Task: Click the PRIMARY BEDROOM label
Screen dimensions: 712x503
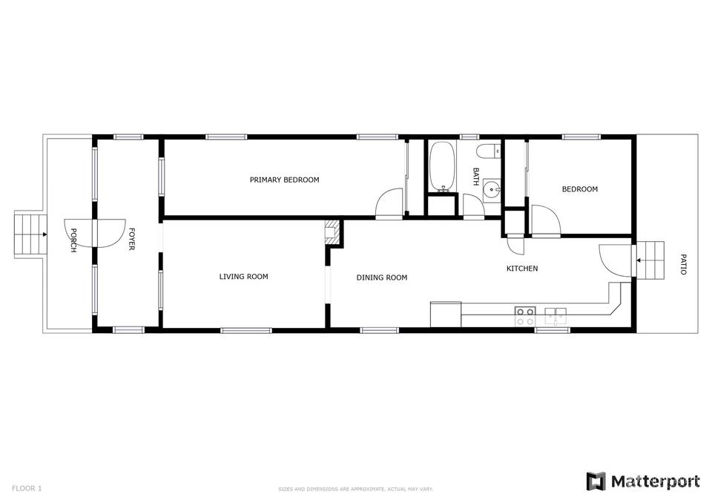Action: (x=284, y=180)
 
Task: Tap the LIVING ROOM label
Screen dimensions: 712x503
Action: (x=243, y=276)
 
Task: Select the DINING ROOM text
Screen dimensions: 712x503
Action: (x=381, y=277)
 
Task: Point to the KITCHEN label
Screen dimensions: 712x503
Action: (x=522, y=269)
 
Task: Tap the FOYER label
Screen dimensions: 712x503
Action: (x=131, y=239)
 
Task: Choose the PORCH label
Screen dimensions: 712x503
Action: (x=73, y=240)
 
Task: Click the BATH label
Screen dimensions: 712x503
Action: (x=475, y=177)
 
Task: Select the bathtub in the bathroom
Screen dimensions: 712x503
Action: (x=442, y=166)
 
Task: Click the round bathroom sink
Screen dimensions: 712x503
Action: (x=492, y=187)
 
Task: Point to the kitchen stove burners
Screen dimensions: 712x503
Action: (x=525, y=316)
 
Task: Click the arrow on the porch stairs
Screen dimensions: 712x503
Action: (x=44, y=235)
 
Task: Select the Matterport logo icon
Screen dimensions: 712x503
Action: (x=596, y=481)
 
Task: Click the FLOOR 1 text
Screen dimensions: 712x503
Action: (x=27, y=488)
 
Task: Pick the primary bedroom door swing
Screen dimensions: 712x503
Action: (x=389, y=203)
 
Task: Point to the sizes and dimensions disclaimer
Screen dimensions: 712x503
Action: (x=355, y=490)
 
